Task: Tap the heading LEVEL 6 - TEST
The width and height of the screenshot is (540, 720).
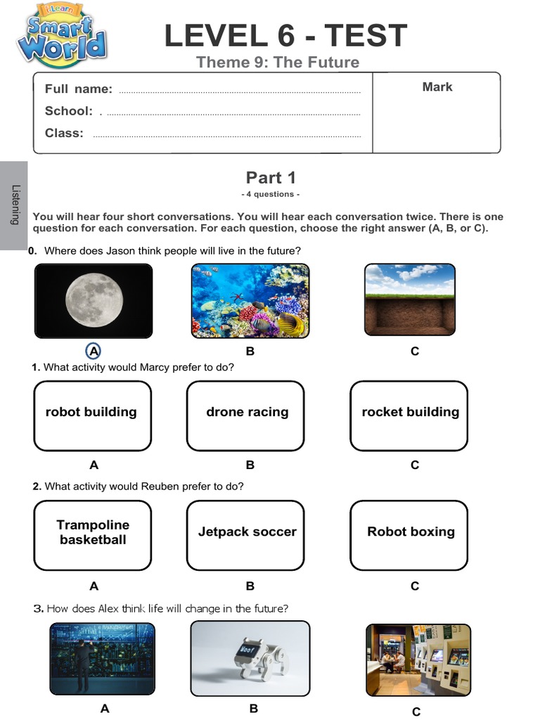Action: (285, 36)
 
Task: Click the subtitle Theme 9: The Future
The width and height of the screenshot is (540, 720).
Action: (278, 63)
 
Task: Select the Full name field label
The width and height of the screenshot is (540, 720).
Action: (78, 89)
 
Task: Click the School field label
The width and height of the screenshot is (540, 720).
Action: (68, 111)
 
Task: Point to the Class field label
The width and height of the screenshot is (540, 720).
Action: (64, 133)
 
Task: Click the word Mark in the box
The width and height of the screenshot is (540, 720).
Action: (437, 87)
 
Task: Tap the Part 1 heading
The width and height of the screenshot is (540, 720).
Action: (271, 178)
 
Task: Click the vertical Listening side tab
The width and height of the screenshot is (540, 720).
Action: (14, 205)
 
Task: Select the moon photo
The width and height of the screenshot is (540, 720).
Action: (94, 301)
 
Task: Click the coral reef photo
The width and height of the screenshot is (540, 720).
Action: (250, 301)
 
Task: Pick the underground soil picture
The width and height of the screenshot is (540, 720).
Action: (410, 300)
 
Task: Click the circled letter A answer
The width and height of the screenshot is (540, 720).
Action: (94, 351)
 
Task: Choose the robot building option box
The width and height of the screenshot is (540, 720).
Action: (92, 416)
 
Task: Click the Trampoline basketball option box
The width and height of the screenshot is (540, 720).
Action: (92, 535)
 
